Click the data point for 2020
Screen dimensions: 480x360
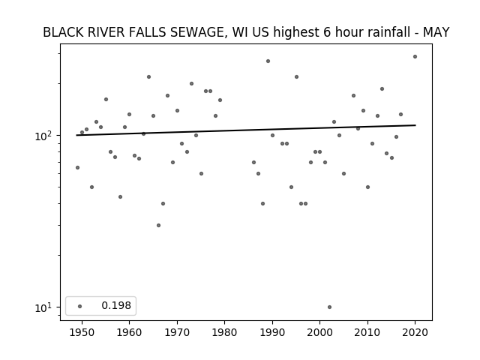(x=415, y=57)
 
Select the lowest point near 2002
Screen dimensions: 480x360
(x=329, y=307)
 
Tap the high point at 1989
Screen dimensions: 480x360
(x=268, y=61)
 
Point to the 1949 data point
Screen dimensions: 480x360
(x=77, y=167)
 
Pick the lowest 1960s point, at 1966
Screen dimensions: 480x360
(x=158, y=225)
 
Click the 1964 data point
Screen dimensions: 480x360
(x=148, y=76)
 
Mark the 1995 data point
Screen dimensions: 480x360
(x=296, y=76)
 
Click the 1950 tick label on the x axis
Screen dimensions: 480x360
(x=82, y=332)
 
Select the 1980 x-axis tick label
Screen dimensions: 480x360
(x=224, y=332)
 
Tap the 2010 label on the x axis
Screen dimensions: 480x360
(x=367, y=332)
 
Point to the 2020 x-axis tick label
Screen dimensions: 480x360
(x=415, y=332)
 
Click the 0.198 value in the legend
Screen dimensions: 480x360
(x=116, y=305)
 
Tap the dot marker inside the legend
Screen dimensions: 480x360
(x=79, y=306)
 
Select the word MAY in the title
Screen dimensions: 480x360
(x=436, y=32)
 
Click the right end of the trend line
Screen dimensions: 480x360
(x=415, y=125)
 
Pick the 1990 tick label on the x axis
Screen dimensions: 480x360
(x=272, y=332)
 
